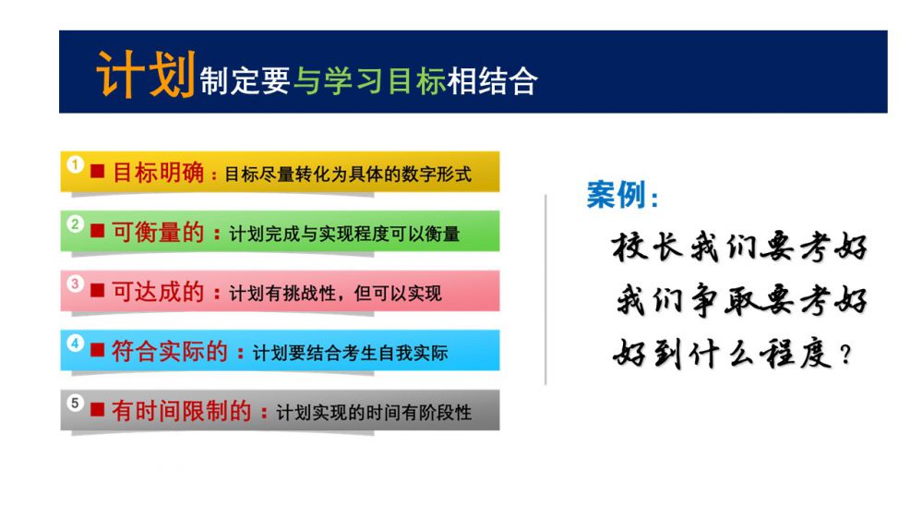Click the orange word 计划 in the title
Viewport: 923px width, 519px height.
click(x=146, y=74)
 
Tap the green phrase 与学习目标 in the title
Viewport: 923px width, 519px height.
click(x=369, y=81)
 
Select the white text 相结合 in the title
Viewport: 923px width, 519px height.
click(x=492, y=81)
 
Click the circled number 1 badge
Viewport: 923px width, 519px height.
click(x=75, y=164)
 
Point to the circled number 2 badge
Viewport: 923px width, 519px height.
click(x=75, y=223)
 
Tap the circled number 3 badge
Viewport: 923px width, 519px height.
click(x=75, y=284)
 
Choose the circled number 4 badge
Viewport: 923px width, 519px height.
click(x=75, y=343)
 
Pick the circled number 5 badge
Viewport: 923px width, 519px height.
click(x=75, y=403)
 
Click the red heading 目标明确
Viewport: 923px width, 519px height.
click(x=158, y=173)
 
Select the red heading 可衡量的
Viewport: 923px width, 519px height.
click(x=158, y=232)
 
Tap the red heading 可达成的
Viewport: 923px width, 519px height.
click(x=158, y=292)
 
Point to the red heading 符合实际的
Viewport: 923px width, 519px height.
click(x=170, y=351)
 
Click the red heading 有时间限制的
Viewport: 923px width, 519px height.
click(x=181, y=411)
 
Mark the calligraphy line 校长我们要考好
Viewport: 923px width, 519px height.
click(x=739, y=247)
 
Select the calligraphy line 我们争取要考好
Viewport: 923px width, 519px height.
click(x=742, y=300)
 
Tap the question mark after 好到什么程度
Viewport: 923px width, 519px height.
click(x=845, y=355)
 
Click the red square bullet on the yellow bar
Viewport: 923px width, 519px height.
click(x=97, y=172)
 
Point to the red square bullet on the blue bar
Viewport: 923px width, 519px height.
click(x=97, y=350)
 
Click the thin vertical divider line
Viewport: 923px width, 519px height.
click(x=545, y=289)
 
